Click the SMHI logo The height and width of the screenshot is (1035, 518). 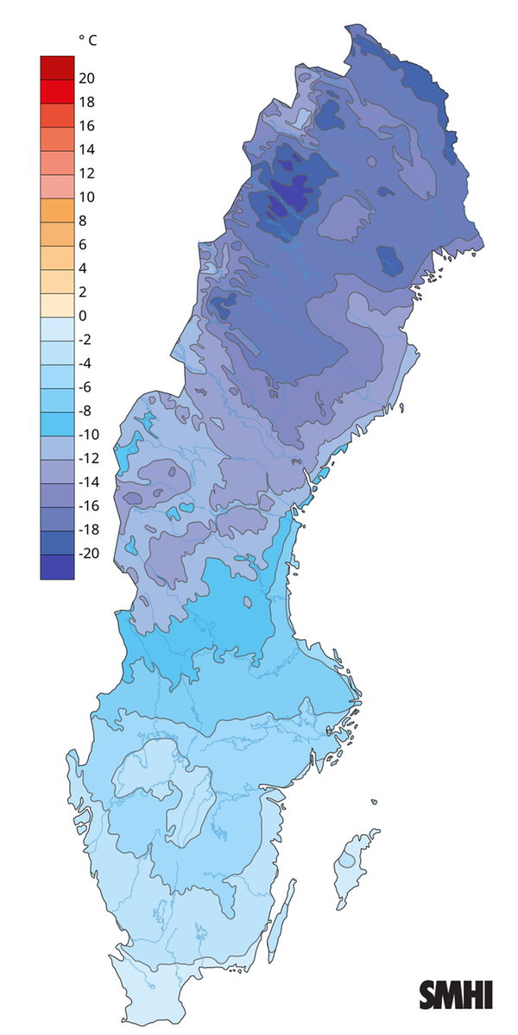456,994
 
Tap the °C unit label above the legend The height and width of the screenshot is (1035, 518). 86,40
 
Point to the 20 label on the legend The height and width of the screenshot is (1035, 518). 86,78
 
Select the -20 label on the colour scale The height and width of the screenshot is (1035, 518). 88,554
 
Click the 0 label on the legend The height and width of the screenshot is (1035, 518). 83,316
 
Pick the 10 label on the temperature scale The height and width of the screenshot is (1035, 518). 86,198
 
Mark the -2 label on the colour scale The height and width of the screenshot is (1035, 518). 85,340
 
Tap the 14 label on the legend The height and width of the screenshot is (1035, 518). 86,150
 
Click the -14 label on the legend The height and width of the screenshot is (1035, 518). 88,482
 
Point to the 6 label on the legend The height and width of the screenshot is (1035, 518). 83,245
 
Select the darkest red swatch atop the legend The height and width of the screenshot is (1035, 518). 57,67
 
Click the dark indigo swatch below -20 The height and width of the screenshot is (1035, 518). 57,567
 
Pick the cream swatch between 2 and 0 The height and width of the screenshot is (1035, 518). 57,304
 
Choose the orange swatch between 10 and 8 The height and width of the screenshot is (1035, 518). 57,210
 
